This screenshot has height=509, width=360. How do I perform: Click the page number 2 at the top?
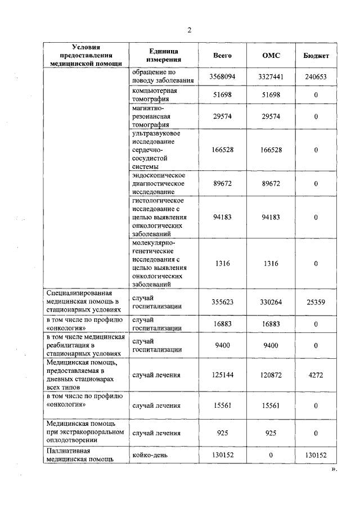coord(190,30)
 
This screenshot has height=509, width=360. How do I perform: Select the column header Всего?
coord(222,56)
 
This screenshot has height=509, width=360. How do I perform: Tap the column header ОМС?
coord(271,56)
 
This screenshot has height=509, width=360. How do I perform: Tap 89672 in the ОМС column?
coord(271,183)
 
